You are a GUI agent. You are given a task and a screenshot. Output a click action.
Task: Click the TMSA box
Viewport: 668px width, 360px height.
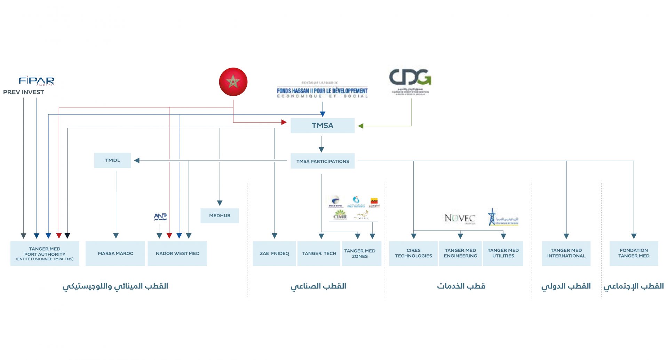pos(323,126)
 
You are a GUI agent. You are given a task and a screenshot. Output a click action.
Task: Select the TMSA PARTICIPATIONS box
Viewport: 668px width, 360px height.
pos(323,161)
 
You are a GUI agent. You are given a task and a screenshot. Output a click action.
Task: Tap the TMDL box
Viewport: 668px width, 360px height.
pos(112,161)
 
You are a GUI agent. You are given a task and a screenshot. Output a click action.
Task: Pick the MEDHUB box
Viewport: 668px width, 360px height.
pos(220,216)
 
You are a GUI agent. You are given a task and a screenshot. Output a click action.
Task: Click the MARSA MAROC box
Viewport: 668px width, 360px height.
pos(115,253)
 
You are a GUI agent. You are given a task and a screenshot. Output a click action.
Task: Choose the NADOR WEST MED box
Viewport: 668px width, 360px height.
pos(177,253)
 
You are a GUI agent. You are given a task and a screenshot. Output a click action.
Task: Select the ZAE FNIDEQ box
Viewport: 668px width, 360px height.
pos(274,253)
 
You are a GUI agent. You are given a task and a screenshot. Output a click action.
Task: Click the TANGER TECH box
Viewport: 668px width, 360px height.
pos(319,253)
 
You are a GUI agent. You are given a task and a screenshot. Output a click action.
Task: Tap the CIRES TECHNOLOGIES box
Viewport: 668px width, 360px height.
pos(413,253)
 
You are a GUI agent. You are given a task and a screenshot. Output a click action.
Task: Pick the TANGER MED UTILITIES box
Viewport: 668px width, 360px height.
pos(503,253)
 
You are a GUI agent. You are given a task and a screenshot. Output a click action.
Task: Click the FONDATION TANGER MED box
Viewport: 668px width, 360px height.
pos(634,253)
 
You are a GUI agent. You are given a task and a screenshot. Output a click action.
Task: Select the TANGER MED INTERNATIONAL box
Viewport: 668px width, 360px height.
pos(566,253)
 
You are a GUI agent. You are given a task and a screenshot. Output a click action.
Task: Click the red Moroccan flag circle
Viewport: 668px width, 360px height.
pos(233,82)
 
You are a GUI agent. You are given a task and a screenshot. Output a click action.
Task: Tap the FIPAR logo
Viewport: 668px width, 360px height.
pos(37,81)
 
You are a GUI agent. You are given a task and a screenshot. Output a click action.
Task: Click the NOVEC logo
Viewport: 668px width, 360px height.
pos(460,218)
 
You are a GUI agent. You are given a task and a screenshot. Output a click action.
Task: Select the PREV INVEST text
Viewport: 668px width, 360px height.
pos(24,92)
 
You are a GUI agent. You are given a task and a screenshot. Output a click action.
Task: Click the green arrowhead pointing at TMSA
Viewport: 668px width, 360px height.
pos(361,126)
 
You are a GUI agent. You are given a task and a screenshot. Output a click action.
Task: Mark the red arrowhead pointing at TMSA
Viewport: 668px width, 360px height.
pos(284,122)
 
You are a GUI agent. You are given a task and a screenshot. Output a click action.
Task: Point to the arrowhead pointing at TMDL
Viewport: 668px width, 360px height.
pos(137,161)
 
